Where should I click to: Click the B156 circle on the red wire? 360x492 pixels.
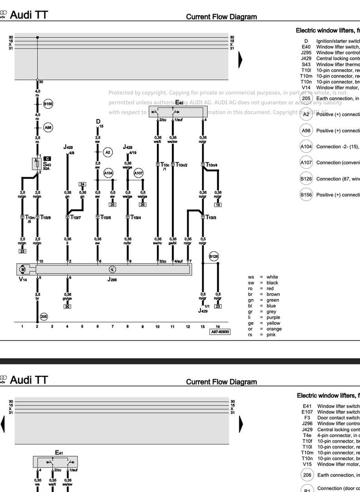click(48, 104)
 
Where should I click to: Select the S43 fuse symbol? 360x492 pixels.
click(37, 164)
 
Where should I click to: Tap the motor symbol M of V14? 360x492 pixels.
click(23, 270)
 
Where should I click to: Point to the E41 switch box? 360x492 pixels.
click(55, 462)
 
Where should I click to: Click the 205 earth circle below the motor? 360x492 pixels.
click(44, 317)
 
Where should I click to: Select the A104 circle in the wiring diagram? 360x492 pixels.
click(108, 173)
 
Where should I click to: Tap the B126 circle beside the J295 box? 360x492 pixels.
click(214, 256)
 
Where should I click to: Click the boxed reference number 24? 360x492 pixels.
click(82, 183)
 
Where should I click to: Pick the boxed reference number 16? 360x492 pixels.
click(218, 205)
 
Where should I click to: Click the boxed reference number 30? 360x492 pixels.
click(67, 307)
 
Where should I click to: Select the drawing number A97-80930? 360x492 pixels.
click(220, 332)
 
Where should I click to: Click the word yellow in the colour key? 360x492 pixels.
click(273, 323)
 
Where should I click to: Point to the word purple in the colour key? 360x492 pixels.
click(273, 318)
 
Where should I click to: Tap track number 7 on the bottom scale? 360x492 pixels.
click(112, 326)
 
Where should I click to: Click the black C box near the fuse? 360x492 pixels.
click(47, 159)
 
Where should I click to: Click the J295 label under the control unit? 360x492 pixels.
click(112, 280)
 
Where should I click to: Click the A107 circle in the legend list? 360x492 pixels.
click(306, 163)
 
